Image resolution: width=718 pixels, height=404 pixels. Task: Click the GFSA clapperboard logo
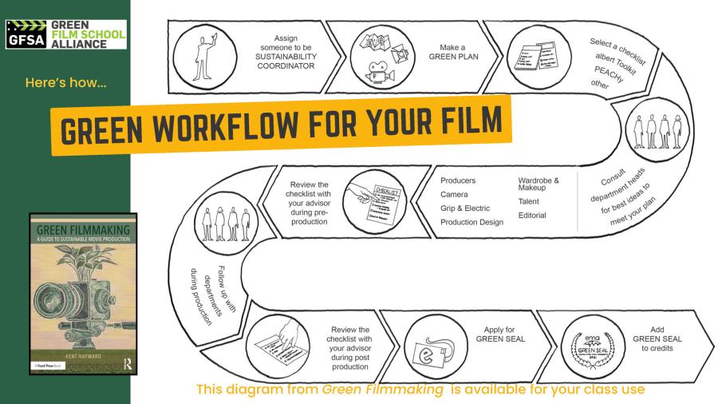(x=26, y=34)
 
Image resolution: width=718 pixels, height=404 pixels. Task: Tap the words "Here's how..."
(x=65, y=82)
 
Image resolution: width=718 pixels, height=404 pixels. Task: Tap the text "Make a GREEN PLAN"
(x=454, y=53)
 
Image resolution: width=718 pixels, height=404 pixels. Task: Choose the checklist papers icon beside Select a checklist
(x=534, y=54)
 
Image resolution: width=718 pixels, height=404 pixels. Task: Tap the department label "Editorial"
(x=532, y=216)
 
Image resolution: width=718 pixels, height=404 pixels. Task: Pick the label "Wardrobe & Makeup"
(x=538, y=184)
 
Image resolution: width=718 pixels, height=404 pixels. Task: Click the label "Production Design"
(x=471, y=222)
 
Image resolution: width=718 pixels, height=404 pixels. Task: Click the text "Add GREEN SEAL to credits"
(x=657, y=339)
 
